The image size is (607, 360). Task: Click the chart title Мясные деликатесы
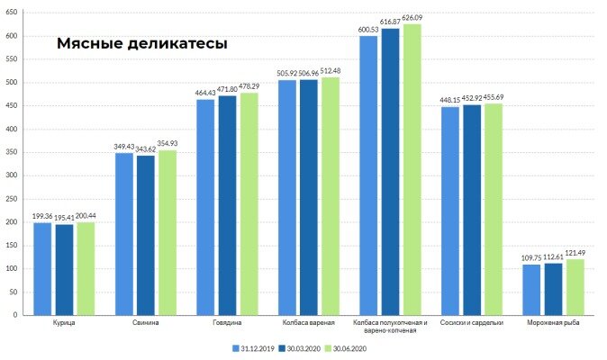pyautogui.click(x=142, y=43)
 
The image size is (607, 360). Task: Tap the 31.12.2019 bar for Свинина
pyautogui.click(x=124, y=234)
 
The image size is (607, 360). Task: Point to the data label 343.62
pyautogui.click(x=146, y=149)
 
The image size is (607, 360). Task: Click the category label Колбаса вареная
pyautogui.click(x=310, y=322)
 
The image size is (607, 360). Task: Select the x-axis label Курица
pyautogui.click(x=65, y=322)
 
